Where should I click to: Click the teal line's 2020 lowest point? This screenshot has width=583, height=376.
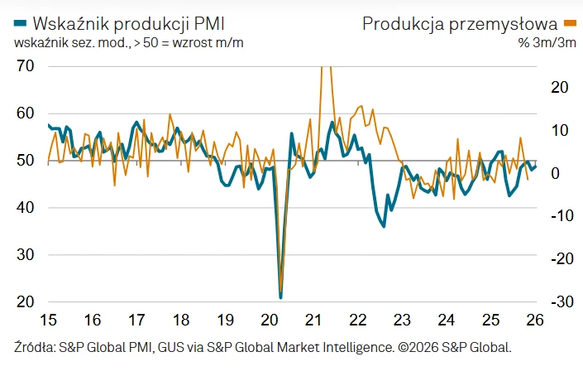(x=281, y=296)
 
